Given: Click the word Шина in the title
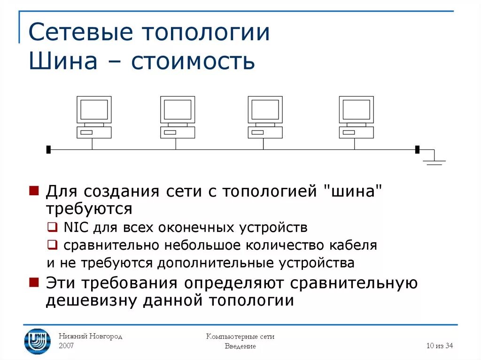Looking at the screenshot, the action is click(x=58, y=62).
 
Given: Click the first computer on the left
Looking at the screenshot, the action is click(x=94, y=117).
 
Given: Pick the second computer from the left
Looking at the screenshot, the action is click(x=178, y=117).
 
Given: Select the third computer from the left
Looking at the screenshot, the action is click(x=265, y=117).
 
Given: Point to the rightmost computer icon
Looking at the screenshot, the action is click(x=357, y=117).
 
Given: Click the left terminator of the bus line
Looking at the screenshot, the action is click(x=48, y=150).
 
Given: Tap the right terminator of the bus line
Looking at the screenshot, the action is click(x=417, y=150).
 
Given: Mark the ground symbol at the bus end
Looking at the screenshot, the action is click(x=434, y=161).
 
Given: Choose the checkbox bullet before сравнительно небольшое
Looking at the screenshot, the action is click(x=52, y=245).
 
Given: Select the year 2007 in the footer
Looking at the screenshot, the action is click(x=66, y=346).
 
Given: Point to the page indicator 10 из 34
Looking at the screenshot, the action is click(x=440, y=346).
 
